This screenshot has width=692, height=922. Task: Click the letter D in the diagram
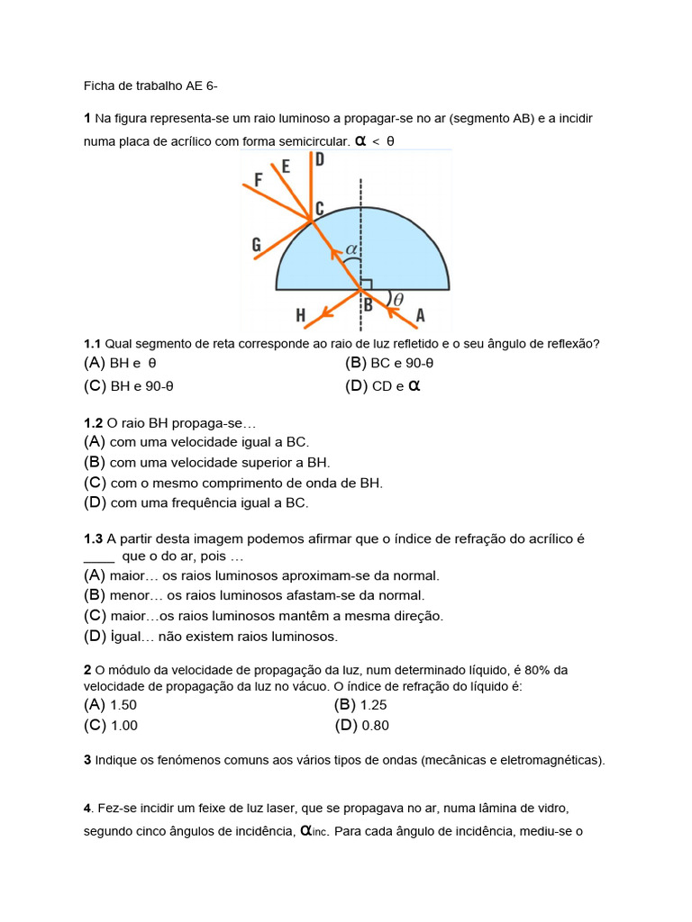[320, 160]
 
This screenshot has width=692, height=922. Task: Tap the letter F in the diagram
[259, 180]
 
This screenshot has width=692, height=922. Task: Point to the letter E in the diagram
[286, 167]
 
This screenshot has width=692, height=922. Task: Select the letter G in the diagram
[257, 244]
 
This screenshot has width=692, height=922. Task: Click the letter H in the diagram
[300, 315]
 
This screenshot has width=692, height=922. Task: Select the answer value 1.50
[123, 705]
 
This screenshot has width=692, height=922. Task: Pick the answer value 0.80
[374, 726]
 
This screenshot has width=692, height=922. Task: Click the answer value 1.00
[123, 726]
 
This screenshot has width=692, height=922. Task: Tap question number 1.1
[93, 344]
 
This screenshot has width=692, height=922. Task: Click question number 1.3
[94, 538]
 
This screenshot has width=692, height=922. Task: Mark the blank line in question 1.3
[100, 558]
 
